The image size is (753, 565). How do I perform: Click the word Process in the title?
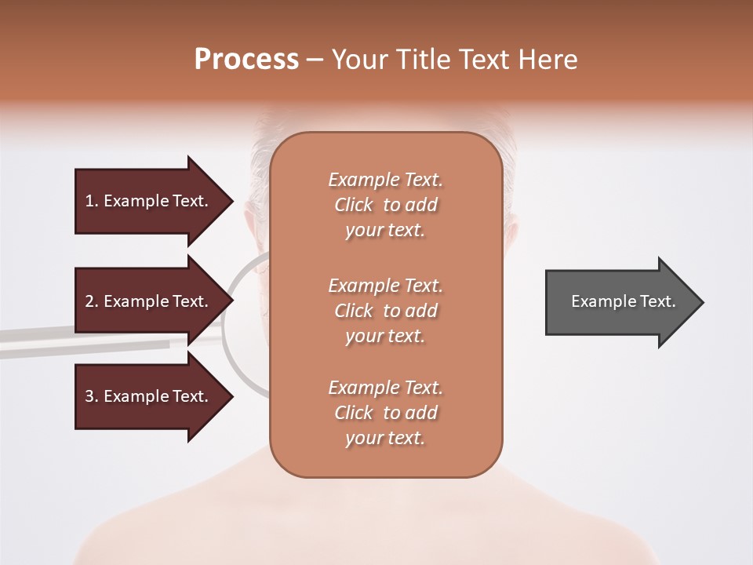[246, 60]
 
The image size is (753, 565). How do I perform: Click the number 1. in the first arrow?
[91, 201]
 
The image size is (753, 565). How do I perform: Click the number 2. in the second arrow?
[91, 301]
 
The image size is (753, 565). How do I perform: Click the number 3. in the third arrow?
[91, 396]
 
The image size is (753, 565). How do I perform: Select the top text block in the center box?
[385, 205]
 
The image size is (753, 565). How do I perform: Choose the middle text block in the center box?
[385, 311]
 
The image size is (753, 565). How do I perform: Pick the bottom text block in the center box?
[385, 413]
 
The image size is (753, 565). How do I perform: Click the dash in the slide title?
[315, 60]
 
